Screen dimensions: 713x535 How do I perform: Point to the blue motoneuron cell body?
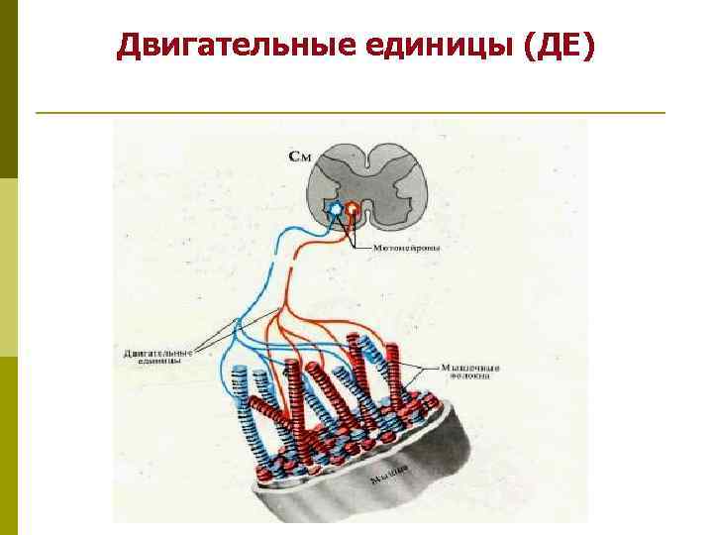pos(337,210)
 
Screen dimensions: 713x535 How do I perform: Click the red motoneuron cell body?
pos(354,210)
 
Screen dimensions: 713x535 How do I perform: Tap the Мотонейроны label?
pos(407,247)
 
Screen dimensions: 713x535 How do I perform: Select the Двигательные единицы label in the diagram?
pos(158,356)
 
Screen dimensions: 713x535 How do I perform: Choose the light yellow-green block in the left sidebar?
pos(9,267)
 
